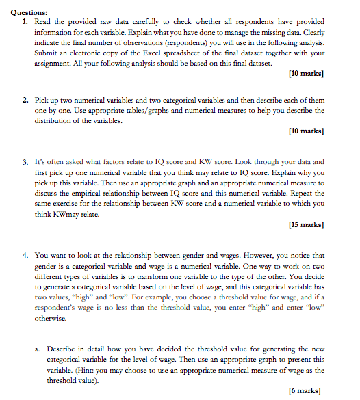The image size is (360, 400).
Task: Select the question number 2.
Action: coord(24,100)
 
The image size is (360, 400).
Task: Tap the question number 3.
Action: coord(24,161)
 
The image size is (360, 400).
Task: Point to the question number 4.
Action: coord(24,255)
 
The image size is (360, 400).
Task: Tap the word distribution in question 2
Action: coord(53,120)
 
